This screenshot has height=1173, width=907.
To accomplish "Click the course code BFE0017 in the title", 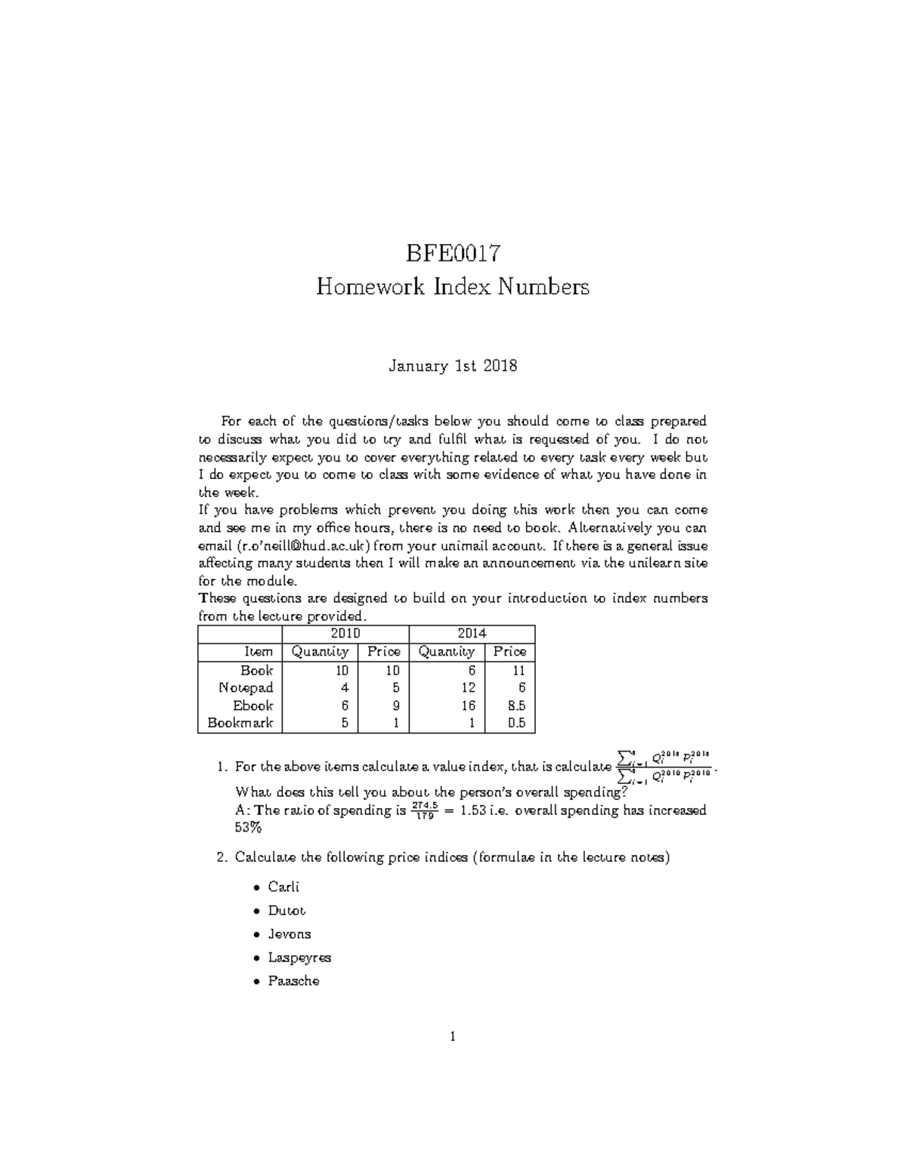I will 453,252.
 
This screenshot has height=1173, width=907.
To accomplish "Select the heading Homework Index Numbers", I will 453,287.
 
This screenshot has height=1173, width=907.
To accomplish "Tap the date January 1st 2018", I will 453,366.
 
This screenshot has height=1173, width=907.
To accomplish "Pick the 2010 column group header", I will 345,634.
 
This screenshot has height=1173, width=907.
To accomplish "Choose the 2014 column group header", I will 471,634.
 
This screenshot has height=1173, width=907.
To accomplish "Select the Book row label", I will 256,670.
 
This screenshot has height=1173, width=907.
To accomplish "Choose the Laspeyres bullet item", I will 299,957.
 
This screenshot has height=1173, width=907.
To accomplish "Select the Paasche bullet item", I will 293,981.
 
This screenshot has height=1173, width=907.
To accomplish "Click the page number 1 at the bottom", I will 452,1037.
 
